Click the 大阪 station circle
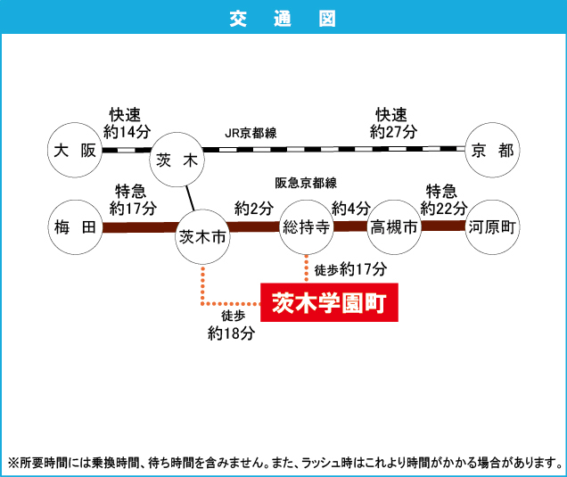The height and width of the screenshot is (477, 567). pyautogui.click(x=75, y=150)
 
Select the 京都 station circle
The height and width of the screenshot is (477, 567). pyautogui.click(x=492, y=150)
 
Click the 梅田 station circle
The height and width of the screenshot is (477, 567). pyautogui.click(x=75, y=227)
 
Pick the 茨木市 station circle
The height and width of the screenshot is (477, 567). pyautogui.click(x=204, y=236)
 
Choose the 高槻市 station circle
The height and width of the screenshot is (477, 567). pyautogui.click(x=394, y=228)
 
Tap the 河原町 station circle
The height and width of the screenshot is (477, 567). pyautogui.click(x=492, y=227)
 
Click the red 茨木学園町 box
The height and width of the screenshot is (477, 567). pyautogui.click(x=328, y=303)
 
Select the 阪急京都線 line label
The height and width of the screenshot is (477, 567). pyautogui.click(x=306, y=183)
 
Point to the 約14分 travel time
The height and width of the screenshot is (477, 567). pyautogui.click(x=128, y=131)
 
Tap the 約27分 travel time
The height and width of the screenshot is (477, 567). pyautogui.click(x=393, y=131)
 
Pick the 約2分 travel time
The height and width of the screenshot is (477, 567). pyautogui.click(x=254, y=208)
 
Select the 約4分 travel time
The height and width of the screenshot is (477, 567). pyautogui.click(x=350, y=208)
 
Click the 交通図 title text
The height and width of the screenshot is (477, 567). pyautogui.click(x=283, y=17)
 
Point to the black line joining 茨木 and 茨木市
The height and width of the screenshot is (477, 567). pyautogui.click(x=189, y=197)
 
